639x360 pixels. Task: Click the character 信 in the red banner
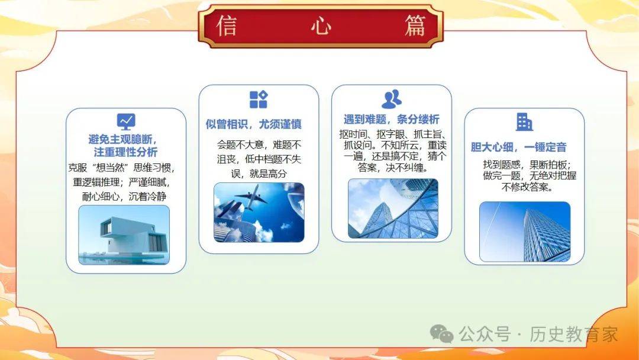click(x=227, y=25)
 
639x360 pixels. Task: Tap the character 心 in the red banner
click(x=321, y=26)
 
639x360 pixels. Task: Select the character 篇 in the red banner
click(x=415, y=25)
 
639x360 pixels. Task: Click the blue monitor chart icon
click(x=126, y=121)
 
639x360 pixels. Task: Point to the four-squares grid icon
click(x=259, y=99)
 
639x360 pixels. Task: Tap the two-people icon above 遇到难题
click(x=392, y=99)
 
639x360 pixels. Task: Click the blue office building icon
click(x=524, y=122)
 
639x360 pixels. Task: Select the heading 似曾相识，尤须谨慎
click(x=253, y=124)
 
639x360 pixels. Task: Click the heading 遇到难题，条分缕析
click(x=391, y=119)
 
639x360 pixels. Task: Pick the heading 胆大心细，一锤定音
click(x=518, y=147)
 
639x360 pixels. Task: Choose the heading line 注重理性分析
click(x=125, y=152)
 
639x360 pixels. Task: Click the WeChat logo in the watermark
click(x=442, y=335)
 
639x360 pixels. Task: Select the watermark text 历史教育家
click(x=573, y=335)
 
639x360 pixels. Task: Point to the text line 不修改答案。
click(x=527, y=187)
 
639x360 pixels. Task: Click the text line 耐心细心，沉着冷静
click(x=124, y=197)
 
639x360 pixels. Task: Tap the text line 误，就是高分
click(x=259, y=173)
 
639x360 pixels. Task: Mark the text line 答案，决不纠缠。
click(x=393, y=168)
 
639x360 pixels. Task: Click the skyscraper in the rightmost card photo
click(x=546, y=235)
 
